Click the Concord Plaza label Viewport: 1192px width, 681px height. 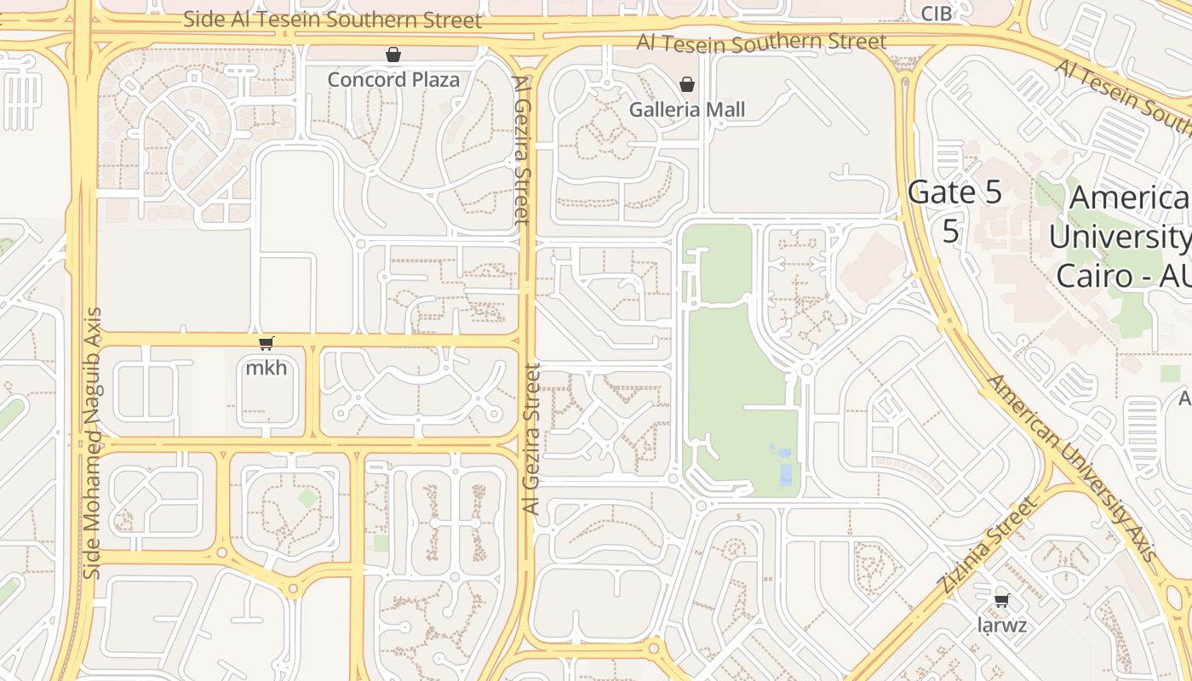pyautogui.click(x=393, y=80)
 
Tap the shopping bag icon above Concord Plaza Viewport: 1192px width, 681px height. pyautogui.click(x=393, y=55)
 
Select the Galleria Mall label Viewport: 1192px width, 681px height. pyautogui.click(x=687, y=110)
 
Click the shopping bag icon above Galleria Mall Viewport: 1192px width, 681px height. pyautogui.click(x=687, y=84)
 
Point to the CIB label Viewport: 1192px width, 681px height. pyautogui.click(x=937, y=14)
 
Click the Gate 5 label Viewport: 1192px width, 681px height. pyautogui.click(x=954, y=192)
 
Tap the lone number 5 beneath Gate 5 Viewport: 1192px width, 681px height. pyautogui.click(x=951, y=231)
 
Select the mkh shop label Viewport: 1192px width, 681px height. pyautogui.click(x=266, y=369)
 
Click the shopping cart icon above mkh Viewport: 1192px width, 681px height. pyautogui.click(x=266, y=343)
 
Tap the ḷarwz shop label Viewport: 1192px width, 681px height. pyautogui.click(x=1002, y=627)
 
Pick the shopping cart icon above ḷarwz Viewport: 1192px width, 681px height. pyautogui.click(x=1002, y=600)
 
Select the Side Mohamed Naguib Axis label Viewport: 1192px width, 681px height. pyautogui.click(x=93, y=443)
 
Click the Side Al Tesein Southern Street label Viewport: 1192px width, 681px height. pyautogui.click(x=332, y=20)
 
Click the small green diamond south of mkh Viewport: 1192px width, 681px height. pyautogui.click(x=307, y=498)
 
